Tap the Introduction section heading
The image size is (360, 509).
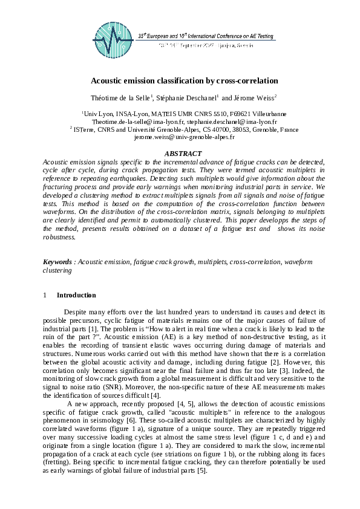coord(76,296)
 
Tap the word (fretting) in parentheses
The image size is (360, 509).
coord(59,461)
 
